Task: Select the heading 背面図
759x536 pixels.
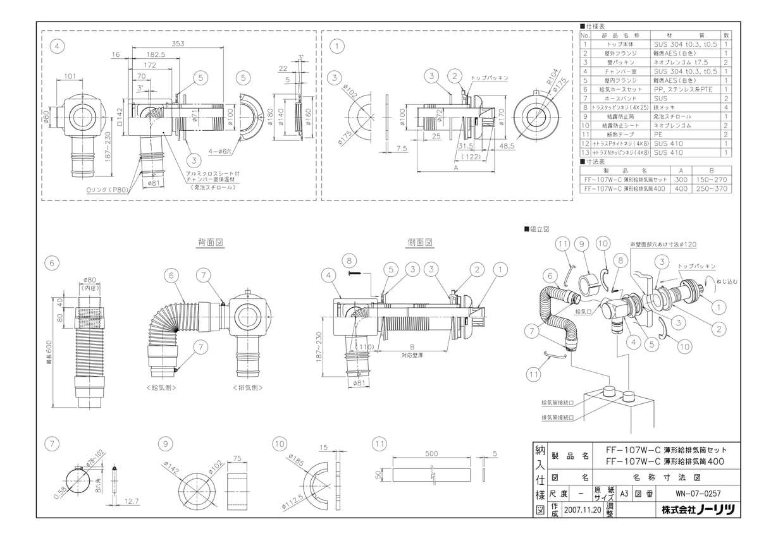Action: coord(211,242)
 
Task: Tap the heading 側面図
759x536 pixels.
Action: coord(420,242)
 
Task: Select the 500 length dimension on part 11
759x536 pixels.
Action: coord(431,453)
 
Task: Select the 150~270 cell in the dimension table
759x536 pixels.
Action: coord(712,180)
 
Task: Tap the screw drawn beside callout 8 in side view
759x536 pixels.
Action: coord(356,272)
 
